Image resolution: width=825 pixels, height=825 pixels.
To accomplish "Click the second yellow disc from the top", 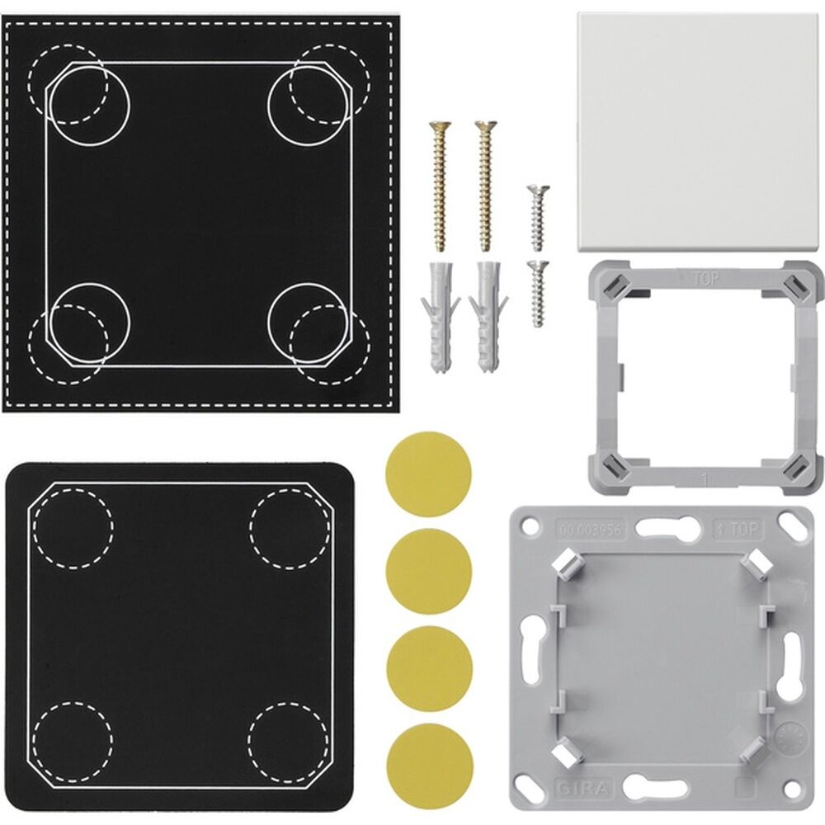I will click(x=429, y=570).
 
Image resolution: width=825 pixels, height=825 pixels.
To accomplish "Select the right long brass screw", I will click(x=484, y=186).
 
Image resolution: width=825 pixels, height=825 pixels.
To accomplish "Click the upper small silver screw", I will click(x=536, y=217).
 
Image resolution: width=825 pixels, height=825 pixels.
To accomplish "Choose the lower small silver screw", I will click(x=537, y=293).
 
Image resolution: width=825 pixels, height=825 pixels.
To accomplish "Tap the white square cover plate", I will click(x=696, y=133).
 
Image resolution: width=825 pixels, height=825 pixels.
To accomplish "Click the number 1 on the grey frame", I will click(x=704, y=478).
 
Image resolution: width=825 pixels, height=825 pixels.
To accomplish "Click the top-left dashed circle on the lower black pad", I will click(x=74, y=527).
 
